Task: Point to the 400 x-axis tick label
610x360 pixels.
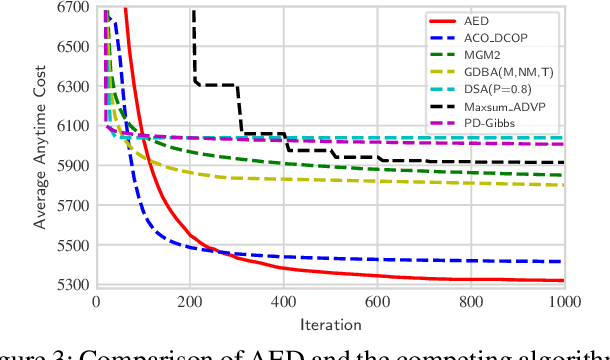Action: [x=283, y=301]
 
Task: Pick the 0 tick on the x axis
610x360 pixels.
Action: [x=96, y=301]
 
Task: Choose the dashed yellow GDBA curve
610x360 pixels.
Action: [x=300, y=179]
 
